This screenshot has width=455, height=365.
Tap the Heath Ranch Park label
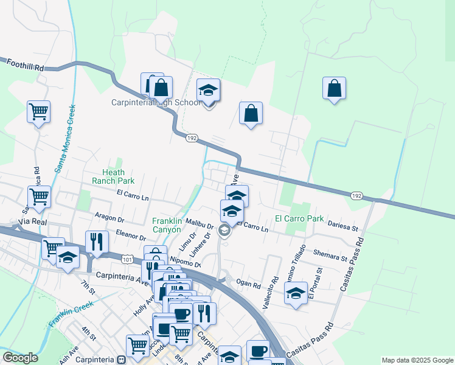[x=113, y=176]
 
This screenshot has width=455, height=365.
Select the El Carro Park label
[x=299, y=218]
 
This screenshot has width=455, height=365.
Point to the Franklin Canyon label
[x=167, y=225]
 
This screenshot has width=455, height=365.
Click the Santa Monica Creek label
[x=64, y=139]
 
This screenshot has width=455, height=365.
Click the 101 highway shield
[x=127, y=259]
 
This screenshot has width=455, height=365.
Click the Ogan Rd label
[x=248, y=284]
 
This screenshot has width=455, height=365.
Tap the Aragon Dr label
[x=110, y=217]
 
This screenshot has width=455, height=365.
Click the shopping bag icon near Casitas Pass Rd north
[x=335, y=89]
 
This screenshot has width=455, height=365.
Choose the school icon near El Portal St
[x=296, y=294]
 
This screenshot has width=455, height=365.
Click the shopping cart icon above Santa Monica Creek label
[x=39, y=112]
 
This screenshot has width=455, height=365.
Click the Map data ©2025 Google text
[x=417, y=360]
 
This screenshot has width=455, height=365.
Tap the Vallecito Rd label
[x=271, y=293]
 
